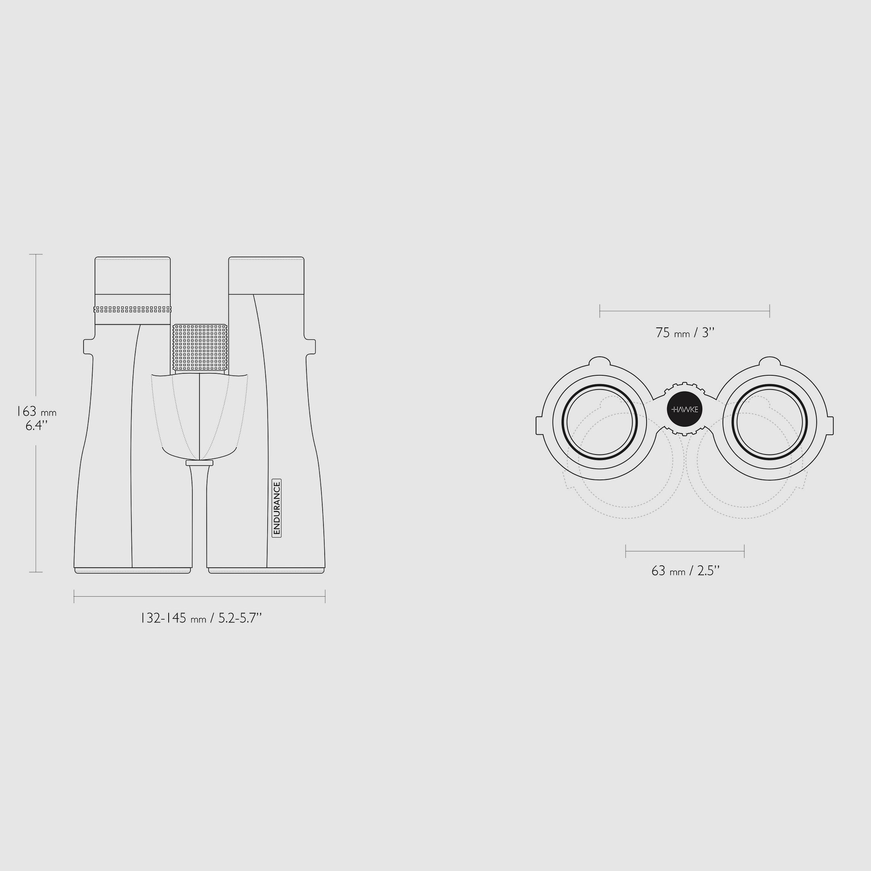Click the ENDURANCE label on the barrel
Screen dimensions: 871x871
(277, 508)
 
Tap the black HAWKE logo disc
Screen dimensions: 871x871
(685, 409)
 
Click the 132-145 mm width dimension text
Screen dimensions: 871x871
(201, 618)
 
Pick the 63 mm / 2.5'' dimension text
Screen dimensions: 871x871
(685, 571)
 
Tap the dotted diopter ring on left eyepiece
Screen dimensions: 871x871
(132, 309)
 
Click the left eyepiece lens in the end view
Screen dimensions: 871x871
(599, 422)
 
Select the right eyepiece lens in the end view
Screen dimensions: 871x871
(770, 422)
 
